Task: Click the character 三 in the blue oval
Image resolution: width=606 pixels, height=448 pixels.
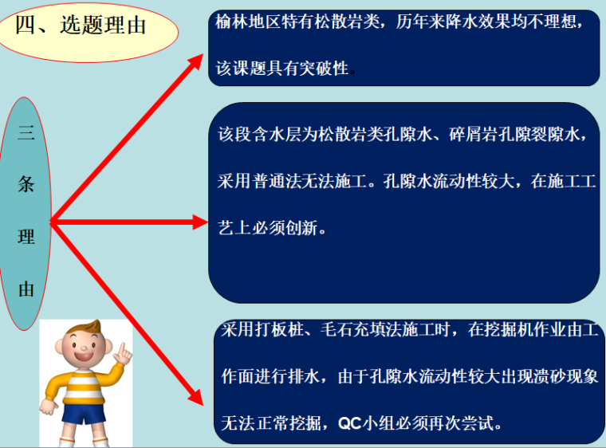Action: [x=26, y=133]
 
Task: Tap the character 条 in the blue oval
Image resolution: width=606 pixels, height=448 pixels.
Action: [x=26, y=185]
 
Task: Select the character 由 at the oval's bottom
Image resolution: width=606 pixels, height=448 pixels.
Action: [x=26, y=289]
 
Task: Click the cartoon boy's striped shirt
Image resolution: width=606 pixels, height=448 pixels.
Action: [x=83, y=386]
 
